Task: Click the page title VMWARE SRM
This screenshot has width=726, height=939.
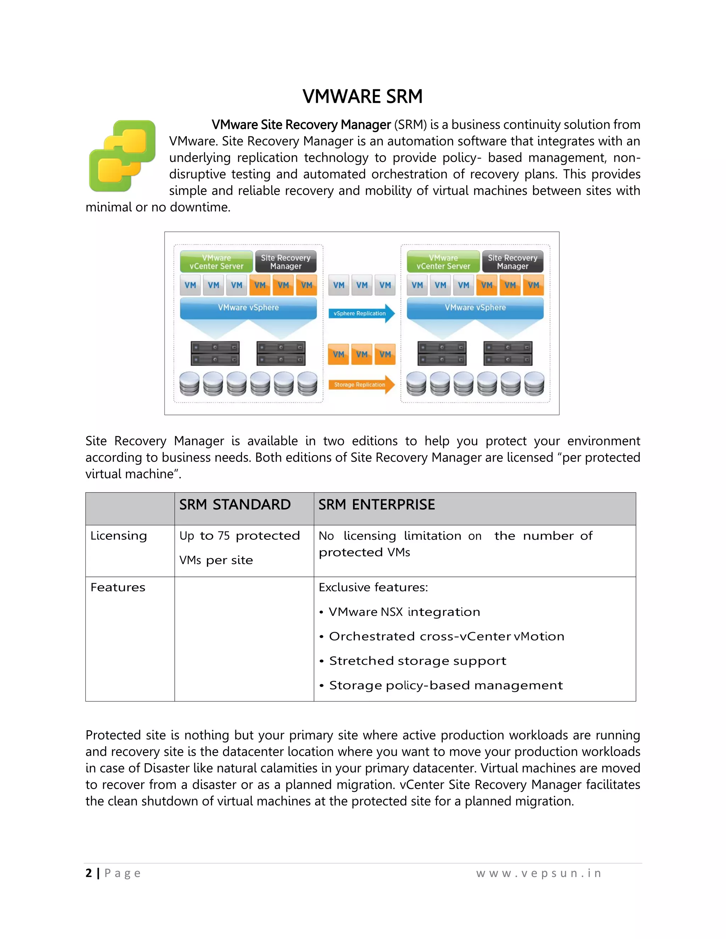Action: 362,96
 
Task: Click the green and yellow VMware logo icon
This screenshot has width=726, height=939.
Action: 122,156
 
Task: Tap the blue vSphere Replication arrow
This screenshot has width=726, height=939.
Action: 361,314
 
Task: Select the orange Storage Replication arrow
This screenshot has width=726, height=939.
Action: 361,384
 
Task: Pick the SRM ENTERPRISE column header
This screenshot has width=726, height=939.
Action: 376,504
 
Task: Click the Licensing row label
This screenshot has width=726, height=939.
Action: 119,536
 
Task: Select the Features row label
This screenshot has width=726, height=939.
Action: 118,587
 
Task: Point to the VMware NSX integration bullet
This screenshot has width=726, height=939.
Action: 404,612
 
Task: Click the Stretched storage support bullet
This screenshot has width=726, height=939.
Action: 417,661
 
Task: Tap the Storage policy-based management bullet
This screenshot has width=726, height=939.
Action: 445,685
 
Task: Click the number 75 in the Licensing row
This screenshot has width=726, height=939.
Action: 224,536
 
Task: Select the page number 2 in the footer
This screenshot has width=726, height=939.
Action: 89,873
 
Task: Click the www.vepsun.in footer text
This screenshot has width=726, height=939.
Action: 538,873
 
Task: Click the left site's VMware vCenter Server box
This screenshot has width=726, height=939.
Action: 216,262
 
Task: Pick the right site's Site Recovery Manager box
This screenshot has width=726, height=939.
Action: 512,262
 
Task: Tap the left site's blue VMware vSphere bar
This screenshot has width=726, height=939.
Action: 248,308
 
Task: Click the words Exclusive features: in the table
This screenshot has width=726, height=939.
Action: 373,587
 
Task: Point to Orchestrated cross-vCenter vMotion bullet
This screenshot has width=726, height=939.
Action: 446,636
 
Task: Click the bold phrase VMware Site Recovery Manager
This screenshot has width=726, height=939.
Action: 301,125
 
